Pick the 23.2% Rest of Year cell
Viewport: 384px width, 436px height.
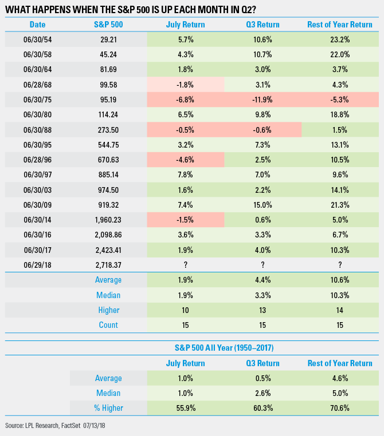(340, 39)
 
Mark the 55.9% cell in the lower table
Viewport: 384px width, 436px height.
(185, 407)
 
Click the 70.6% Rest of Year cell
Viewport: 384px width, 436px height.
(340, 407)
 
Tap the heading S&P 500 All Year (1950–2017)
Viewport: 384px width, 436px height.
(224, 348)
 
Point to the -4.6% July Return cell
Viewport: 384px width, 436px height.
(185, 158)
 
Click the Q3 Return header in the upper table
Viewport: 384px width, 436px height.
(263, 25)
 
